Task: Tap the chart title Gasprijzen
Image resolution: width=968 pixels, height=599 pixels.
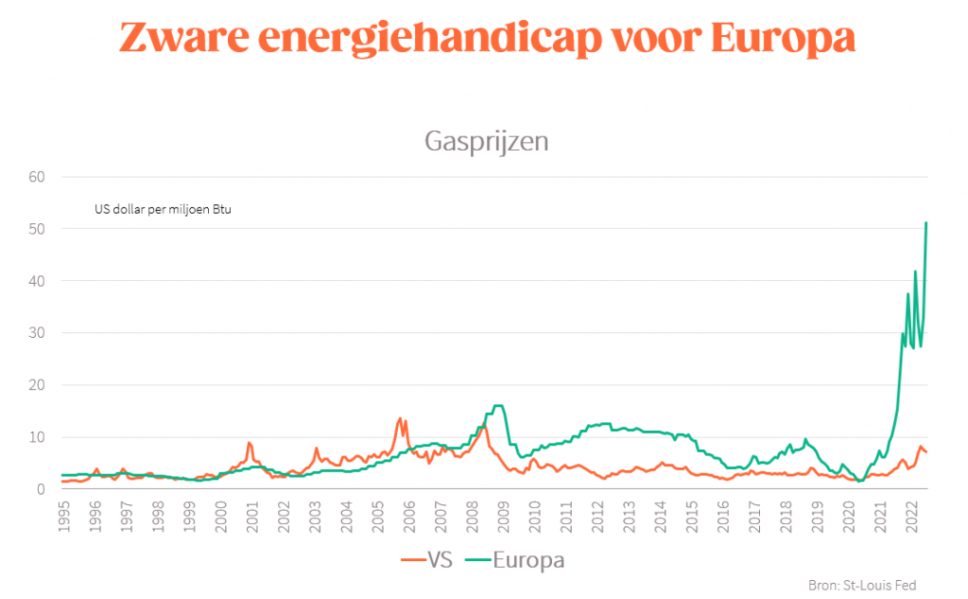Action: click(487, 142)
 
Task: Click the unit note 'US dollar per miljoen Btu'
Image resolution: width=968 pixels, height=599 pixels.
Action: click(163, 209)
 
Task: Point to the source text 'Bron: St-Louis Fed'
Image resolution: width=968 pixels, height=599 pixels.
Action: click(862, 585)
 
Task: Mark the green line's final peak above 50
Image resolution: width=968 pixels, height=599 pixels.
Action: click(926, 223)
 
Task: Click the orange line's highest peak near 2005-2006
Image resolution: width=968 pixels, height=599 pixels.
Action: click(400, 418)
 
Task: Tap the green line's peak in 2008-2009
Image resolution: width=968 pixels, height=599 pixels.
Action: click(498, 406)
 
